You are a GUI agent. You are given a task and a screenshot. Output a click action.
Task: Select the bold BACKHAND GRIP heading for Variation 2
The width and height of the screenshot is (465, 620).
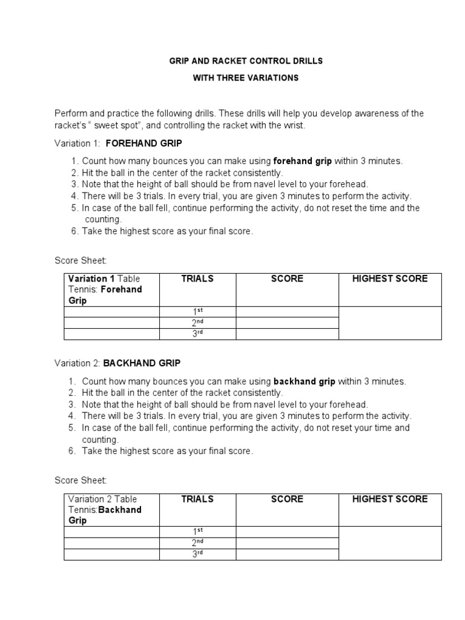click(142, 363)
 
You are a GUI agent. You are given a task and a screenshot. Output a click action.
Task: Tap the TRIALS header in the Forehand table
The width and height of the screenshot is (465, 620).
click(197, 279)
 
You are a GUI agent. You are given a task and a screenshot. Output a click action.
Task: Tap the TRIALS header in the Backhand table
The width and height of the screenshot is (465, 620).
click(197, 499)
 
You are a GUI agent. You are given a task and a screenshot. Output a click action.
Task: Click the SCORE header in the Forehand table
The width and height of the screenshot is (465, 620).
click(287, 279)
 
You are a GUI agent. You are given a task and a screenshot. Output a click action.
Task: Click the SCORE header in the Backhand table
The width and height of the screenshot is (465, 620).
click(287, 499)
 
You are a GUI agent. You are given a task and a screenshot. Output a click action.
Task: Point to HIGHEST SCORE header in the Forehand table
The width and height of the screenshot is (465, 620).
click(390, 279)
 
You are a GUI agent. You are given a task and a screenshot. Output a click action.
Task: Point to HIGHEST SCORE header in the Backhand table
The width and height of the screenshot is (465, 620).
click(390, 499)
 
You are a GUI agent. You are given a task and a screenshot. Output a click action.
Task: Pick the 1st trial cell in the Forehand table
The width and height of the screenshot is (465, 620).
click(197, 312)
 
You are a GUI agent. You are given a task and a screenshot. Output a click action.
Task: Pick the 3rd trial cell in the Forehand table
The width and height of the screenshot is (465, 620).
click(197, 334)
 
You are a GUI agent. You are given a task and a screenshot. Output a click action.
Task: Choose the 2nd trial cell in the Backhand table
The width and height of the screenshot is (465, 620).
click(197, 543)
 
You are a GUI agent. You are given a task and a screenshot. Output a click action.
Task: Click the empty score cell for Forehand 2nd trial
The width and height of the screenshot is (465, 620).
click(287, 323)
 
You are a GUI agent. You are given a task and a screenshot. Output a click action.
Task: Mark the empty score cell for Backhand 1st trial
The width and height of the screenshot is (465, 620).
click(287, 532)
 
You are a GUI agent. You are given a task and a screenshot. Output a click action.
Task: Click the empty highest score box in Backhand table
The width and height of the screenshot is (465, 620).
click(390, 543)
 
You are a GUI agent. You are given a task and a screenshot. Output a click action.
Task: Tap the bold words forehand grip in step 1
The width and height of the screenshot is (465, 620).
click(303, 161)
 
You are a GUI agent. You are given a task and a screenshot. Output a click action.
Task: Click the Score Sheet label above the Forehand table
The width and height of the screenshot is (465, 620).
click(81, 260)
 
